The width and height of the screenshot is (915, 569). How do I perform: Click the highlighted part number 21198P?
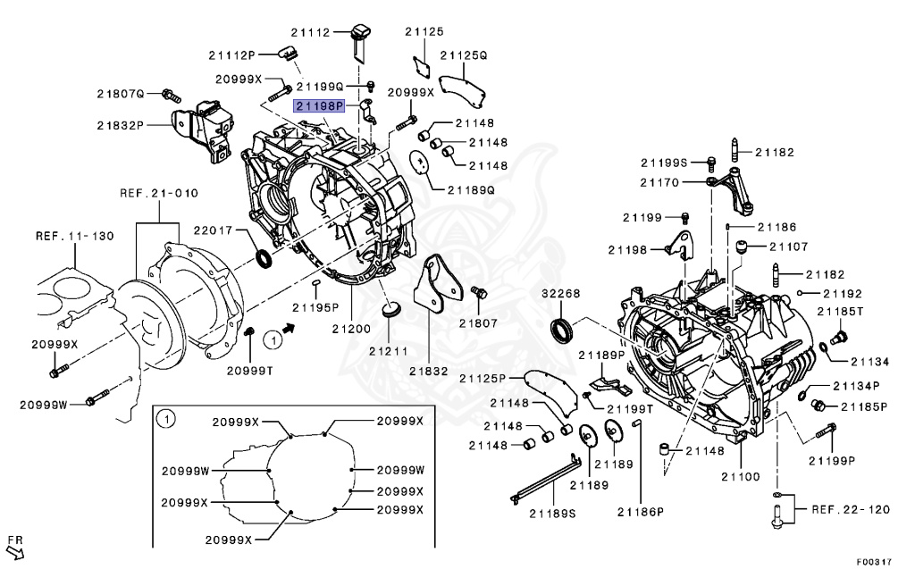coord(319,105)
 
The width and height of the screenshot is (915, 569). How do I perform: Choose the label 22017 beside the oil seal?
coord(213,230)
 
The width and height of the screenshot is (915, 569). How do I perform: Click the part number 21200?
coord(352,329)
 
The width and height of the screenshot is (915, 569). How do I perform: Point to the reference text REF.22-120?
coord(851,509)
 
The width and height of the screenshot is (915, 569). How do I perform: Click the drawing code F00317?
coord(874,562)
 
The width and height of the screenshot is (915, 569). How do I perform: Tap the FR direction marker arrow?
coord(14,547)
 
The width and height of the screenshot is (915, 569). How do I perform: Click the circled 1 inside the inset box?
coord(164,417)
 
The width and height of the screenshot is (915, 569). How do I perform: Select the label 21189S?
coord(552,513)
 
